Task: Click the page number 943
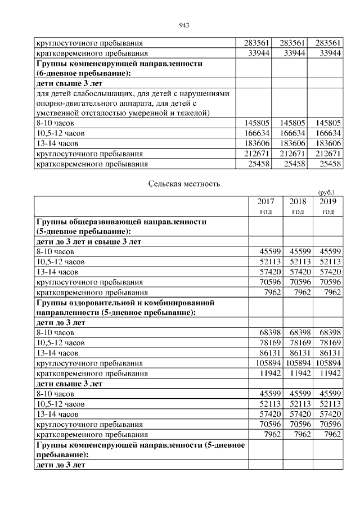(x=183, y=25)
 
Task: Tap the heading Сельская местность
(x=184, y=184)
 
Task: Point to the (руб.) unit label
(x=326, y=192)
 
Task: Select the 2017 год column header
(x=265, y=206)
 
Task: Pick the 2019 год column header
(x=328, y=206)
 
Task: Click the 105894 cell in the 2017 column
(x=265, y=363)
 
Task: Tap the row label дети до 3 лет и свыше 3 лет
(x=88, y=241)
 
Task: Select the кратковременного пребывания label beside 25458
(x=92, y=164)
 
